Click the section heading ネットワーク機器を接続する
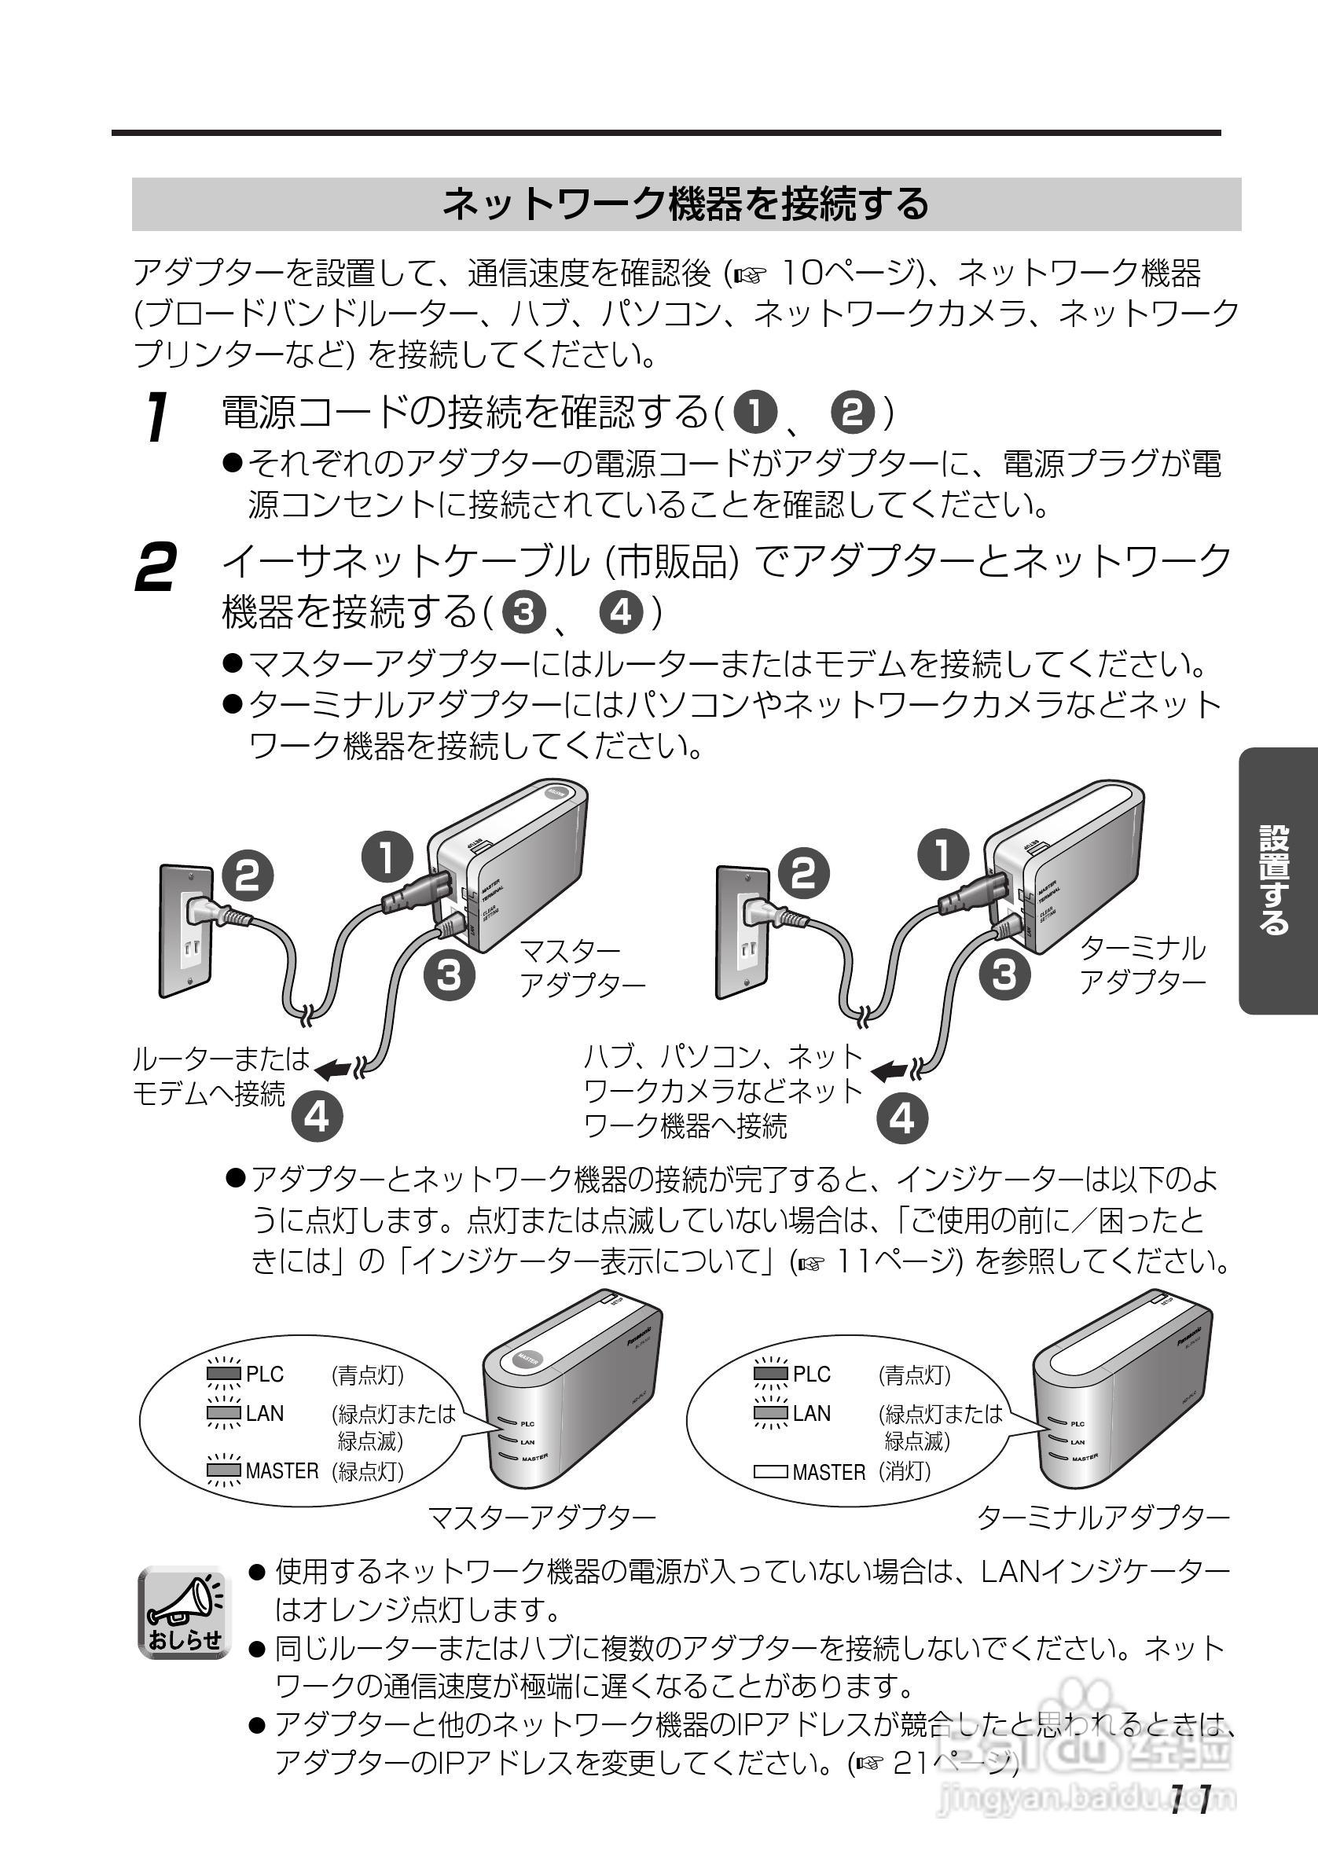point(685,204)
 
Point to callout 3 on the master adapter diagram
point(450,973)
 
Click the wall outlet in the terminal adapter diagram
point(743,931)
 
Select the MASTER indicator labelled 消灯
point(771,1472)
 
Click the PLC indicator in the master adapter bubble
point(223,1374)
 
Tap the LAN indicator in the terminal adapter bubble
point(771,1413)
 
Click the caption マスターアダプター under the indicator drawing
point(542,1518)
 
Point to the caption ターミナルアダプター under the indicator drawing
point(1103,1518)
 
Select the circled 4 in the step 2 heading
point(622,611)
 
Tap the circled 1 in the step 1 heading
point(755,413)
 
